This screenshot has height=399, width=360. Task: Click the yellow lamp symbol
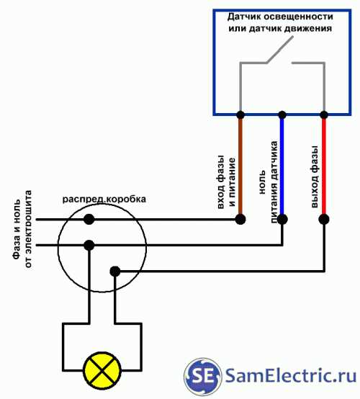click(x=102, y=370)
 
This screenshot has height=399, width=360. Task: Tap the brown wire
click(x=240, y=166)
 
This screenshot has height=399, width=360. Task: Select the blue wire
click(x=282, y=166)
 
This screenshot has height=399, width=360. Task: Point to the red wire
click(x=324, y=166)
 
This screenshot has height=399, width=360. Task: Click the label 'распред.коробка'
click(x=104, y=199)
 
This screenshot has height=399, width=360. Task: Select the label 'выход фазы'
click(x=314, y=176)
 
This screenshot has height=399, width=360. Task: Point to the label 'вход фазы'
click(x=221, y=182)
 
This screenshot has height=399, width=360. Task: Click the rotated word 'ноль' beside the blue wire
click(x=262, y=182)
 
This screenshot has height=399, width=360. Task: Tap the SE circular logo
click(x=202, y=377)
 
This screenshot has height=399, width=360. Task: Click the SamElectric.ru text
click(x=291, y=375)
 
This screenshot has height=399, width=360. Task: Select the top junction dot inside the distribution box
click(x=89, y=219)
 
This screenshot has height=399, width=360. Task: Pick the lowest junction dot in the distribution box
click(x=115, y=272)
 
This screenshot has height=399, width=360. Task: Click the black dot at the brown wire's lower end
click(x=240, y=219)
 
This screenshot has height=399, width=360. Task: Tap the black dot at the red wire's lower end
click(x=324, y=219)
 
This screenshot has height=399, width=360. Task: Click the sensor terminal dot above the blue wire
click(x=282, y=115)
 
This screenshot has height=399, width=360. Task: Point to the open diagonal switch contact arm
click(x=279, y=50)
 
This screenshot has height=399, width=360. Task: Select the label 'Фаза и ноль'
click(x=17, y=229)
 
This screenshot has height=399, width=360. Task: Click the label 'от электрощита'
click(x=28, y=229)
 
